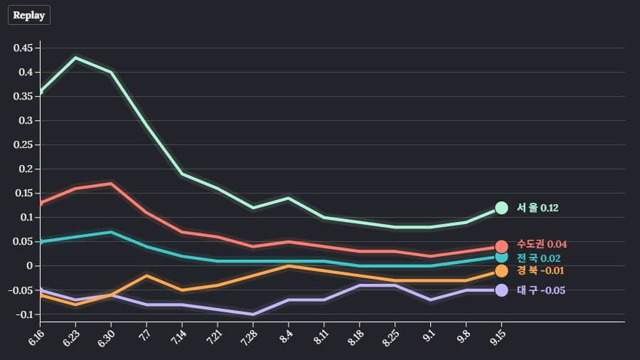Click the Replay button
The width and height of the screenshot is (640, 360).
[x=29, y=15]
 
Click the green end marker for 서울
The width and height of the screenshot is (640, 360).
[x=501, y=208]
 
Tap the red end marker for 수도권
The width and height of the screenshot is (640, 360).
[x=501, y=246]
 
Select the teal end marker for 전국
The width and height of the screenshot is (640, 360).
[x=501, y=257]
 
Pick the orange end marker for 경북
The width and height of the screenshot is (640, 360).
[x=501, y=270]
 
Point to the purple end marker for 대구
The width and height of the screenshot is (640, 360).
[x=501, y=290]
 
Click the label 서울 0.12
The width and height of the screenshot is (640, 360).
[x=538, y=208]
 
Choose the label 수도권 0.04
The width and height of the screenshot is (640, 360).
[x=542, y=244]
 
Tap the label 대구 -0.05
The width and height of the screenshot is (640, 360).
[x=540, y=290]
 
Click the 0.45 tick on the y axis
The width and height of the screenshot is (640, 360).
[x=23, y=48]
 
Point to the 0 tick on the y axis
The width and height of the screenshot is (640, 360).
[x=30, y=266]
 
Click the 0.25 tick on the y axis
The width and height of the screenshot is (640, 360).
[x=23, y=145]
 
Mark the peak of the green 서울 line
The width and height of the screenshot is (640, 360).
[x=75, y=58]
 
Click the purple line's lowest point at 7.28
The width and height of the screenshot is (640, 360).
[x=253, y=314]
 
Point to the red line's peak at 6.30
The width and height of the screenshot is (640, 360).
[x=111, y=184]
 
